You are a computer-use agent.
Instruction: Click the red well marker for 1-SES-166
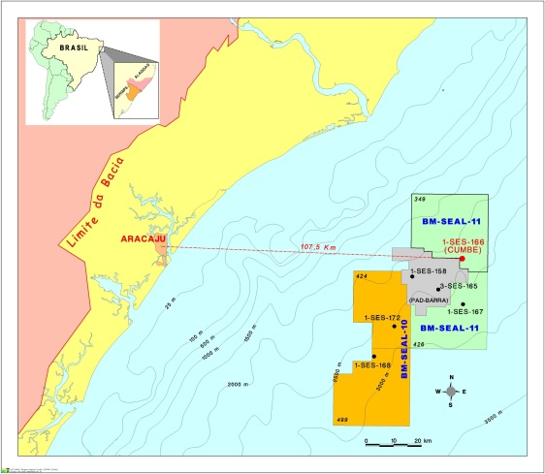[x=462, y=258]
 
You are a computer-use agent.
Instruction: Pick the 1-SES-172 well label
[x=382, y=318]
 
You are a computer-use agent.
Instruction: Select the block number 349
[x=420, y=199]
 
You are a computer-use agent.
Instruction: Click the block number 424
[x=363, y=277]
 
